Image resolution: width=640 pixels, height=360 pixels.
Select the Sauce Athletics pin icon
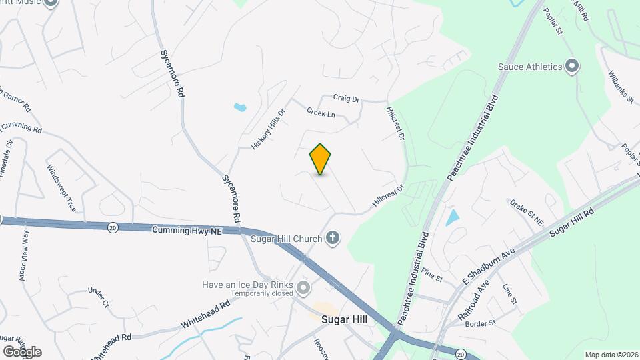pos(571,66)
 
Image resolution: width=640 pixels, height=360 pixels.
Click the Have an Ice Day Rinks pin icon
pos(304,288)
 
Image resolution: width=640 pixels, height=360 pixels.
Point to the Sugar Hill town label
pos(345,319)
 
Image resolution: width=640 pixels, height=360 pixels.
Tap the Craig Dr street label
pos(347,99)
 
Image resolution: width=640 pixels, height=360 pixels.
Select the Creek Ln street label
pos(321,113)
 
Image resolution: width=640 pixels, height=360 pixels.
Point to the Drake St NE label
pos(527,212)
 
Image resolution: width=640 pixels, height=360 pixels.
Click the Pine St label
pos(432,274)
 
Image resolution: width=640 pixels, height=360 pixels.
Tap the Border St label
pos(481,323)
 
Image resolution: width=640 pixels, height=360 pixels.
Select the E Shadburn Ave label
pos(490,269)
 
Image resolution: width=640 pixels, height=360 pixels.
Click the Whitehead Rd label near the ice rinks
pos(205,315)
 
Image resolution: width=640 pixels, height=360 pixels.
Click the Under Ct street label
pos(97,297)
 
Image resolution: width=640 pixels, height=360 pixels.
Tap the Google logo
pos(22,351)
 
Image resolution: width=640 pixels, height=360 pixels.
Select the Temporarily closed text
pos(262,293)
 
